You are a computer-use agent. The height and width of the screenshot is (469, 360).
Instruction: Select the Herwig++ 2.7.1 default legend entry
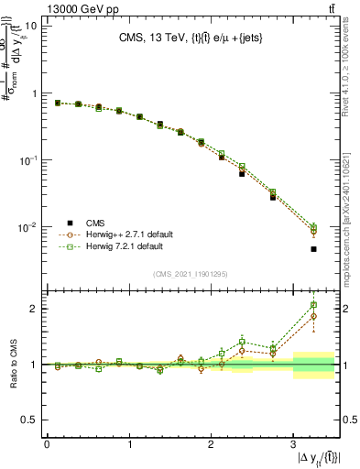[x=123, y=234]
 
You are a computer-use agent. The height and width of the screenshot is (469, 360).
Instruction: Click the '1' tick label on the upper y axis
[x=34, y=93]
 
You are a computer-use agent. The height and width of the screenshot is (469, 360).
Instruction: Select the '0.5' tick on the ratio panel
[x=30, y=420]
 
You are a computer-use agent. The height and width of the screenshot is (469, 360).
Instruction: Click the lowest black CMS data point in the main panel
[x=313, y=249]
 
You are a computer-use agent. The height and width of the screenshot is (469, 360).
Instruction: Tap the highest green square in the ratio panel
[x=313, y=305]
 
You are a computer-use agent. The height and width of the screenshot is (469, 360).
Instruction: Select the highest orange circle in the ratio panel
[x=313, y=317]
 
